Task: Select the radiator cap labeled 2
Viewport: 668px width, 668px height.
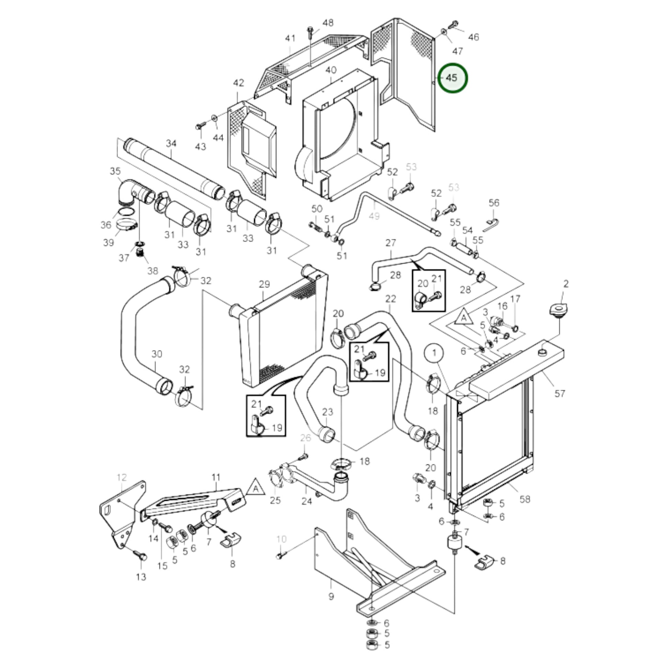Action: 558,308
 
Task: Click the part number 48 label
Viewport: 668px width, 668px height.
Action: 328,23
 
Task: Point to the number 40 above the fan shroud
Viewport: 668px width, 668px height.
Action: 331,70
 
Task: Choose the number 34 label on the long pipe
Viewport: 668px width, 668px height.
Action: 171,143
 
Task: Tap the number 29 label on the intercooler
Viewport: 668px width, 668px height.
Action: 264,284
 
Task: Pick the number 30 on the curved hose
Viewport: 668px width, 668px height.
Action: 157,354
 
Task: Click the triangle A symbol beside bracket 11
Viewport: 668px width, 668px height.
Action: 256,488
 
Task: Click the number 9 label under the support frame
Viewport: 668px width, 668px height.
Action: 331,597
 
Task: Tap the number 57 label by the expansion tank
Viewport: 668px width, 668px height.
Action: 560,393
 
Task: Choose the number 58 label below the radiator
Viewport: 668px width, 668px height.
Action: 525,499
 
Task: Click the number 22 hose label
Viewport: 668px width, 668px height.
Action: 391,299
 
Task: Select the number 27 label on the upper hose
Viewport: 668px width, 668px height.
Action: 391,243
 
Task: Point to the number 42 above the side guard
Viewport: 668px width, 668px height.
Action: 239,83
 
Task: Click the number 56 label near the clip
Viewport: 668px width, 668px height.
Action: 494,203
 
